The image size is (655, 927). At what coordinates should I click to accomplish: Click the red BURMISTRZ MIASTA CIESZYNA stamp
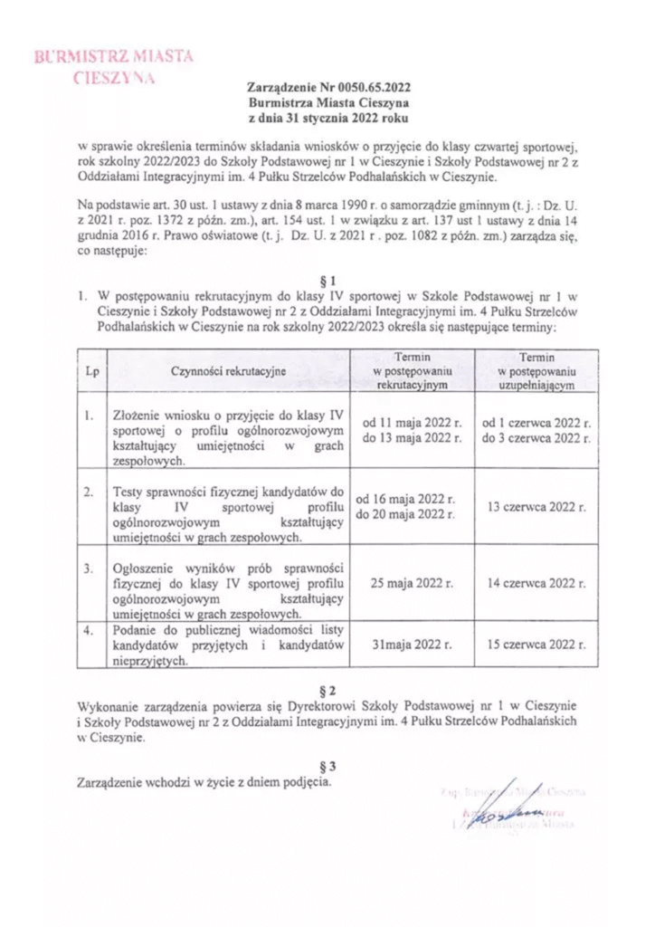[115, 66]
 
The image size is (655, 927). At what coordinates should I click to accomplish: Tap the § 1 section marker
[329, 280]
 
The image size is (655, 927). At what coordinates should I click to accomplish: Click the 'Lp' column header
[91, 371]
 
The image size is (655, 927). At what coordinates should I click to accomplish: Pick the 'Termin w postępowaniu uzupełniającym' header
[536, 371]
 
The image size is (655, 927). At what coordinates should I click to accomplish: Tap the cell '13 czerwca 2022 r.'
[536, 507]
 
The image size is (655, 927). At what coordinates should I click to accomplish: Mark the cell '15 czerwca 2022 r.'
[536, 645]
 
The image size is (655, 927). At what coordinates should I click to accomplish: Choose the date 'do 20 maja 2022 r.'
[405, 515]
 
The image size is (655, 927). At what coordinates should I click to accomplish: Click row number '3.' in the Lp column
[89, 569]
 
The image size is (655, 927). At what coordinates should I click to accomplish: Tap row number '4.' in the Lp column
[89, 631]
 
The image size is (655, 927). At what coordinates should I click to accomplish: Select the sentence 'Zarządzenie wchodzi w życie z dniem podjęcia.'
[204, 781]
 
